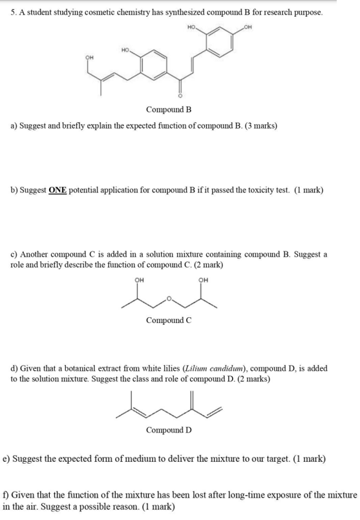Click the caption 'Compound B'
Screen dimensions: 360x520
coord(169,109)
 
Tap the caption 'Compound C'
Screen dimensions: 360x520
coord(169,320)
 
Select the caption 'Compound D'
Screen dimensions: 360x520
coord(169,430)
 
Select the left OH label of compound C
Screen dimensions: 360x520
coord(138,280)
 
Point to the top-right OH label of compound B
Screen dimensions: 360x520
coord(242,27)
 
